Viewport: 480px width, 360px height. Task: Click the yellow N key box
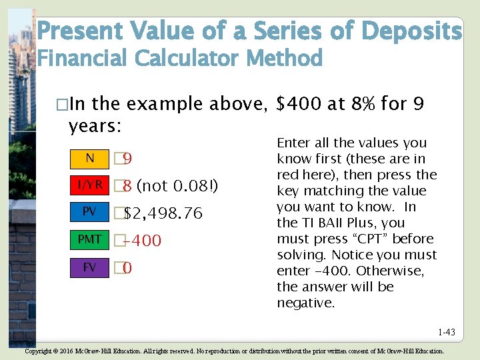coord(89,159)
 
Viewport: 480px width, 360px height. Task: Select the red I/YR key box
coord(89,185)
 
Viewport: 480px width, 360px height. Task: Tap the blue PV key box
coord(89,212)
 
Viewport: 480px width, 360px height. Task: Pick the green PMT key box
coord(89,239)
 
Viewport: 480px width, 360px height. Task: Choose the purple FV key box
coord(89,267)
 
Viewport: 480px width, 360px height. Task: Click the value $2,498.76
coord(163,213)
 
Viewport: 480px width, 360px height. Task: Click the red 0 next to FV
coord(127,269)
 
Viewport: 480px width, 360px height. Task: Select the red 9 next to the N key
coord(127,159)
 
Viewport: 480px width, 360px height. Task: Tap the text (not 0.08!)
coord(177,185)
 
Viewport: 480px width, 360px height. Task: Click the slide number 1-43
coord(447,332)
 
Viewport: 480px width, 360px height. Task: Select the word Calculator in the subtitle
coord(188,59)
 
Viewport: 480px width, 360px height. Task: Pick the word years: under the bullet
coord(96,126)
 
